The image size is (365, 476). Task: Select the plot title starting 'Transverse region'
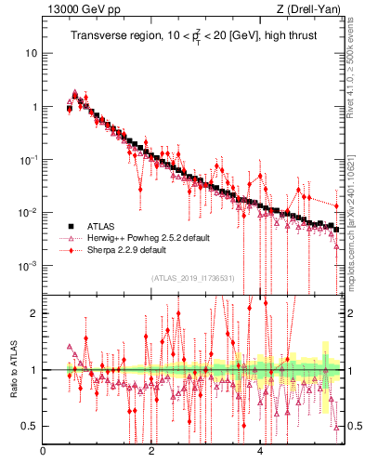186,35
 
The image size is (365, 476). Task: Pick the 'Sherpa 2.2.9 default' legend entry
126,250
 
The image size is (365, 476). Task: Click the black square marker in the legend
70,226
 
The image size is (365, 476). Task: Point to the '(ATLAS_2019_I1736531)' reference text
193,278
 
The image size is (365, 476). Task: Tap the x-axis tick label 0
43,453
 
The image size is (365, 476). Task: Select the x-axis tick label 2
151,453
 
